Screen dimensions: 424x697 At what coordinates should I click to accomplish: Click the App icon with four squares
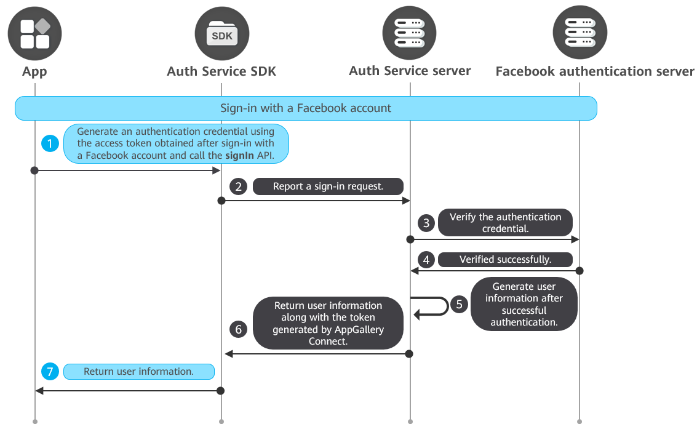click(35, 33)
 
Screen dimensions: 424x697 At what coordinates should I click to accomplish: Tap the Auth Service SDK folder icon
click(222, 33)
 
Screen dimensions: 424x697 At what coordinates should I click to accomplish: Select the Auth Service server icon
click(410, 33)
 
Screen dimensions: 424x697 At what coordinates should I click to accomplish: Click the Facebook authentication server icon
click(580, 33)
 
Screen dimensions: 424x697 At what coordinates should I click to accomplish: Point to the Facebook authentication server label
click(595, 71)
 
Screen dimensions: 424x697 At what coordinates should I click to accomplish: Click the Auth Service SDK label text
click(221, 71)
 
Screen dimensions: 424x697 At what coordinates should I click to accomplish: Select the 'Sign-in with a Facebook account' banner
click(306, 108)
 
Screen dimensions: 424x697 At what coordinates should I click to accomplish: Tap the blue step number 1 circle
click(50, 143)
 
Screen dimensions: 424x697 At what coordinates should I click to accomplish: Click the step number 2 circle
click(239, 186)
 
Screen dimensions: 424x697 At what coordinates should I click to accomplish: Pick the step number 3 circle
click(426, 223)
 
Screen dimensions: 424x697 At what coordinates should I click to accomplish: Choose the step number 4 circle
click(426, 260)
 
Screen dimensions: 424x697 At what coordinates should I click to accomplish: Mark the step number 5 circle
click(459, 305)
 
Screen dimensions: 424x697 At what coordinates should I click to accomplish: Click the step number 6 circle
click(239, 329)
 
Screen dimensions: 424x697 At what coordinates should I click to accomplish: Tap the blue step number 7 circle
click(50, 372)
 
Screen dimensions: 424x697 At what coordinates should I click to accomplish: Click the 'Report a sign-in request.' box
click(328, 186)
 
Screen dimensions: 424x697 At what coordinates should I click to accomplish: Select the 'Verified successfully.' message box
click(505, 260)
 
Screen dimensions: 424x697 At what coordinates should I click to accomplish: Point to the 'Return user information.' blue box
click(139, 372)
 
